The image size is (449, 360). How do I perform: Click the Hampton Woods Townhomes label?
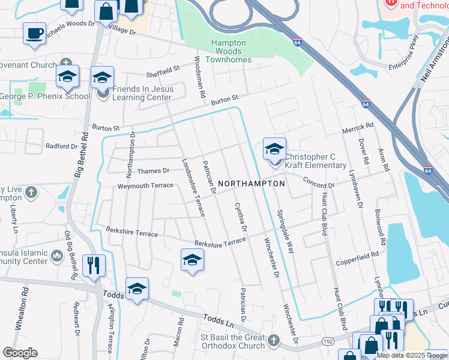(x=229, y=51)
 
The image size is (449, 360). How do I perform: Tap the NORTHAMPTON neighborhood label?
(x=251, y=184)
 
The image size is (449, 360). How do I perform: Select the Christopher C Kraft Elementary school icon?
(x=274, y=149)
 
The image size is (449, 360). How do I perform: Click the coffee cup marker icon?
(x=34, y=32)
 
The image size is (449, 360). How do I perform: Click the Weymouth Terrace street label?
(x=145, y=186)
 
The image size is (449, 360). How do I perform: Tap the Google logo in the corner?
(x=19, y=353)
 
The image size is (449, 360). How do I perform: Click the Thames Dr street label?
(x=153, y=171)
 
